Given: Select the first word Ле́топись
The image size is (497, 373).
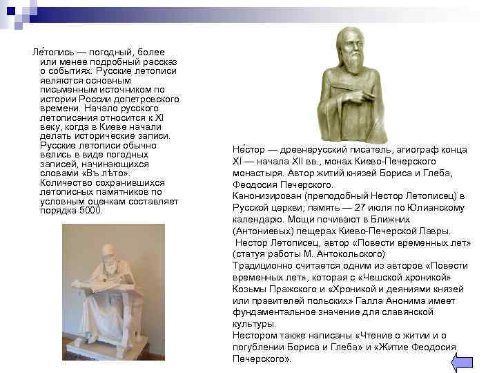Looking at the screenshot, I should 43,52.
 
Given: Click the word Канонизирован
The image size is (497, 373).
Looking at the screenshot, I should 265,196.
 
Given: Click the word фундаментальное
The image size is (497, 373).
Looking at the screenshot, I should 271,312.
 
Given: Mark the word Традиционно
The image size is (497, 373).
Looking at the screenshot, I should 260,266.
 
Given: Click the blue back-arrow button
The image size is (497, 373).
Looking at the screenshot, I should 462,362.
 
